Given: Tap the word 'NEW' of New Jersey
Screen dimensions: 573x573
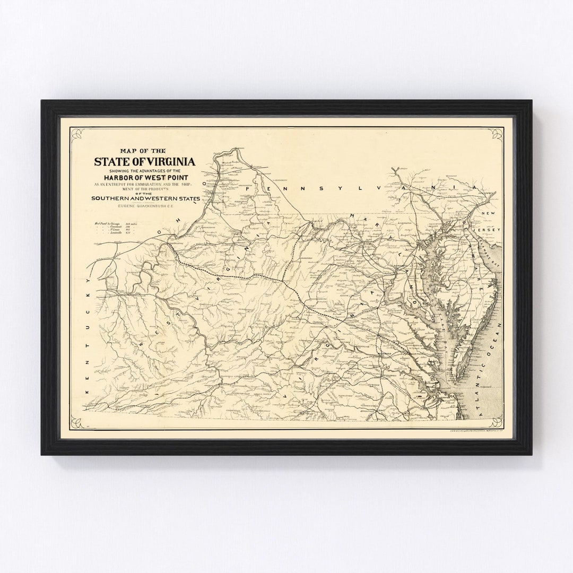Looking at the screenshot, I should point(488,213).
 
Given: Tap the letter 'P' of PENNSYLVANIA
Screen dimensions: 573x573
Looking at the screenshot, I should point(255,188).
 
